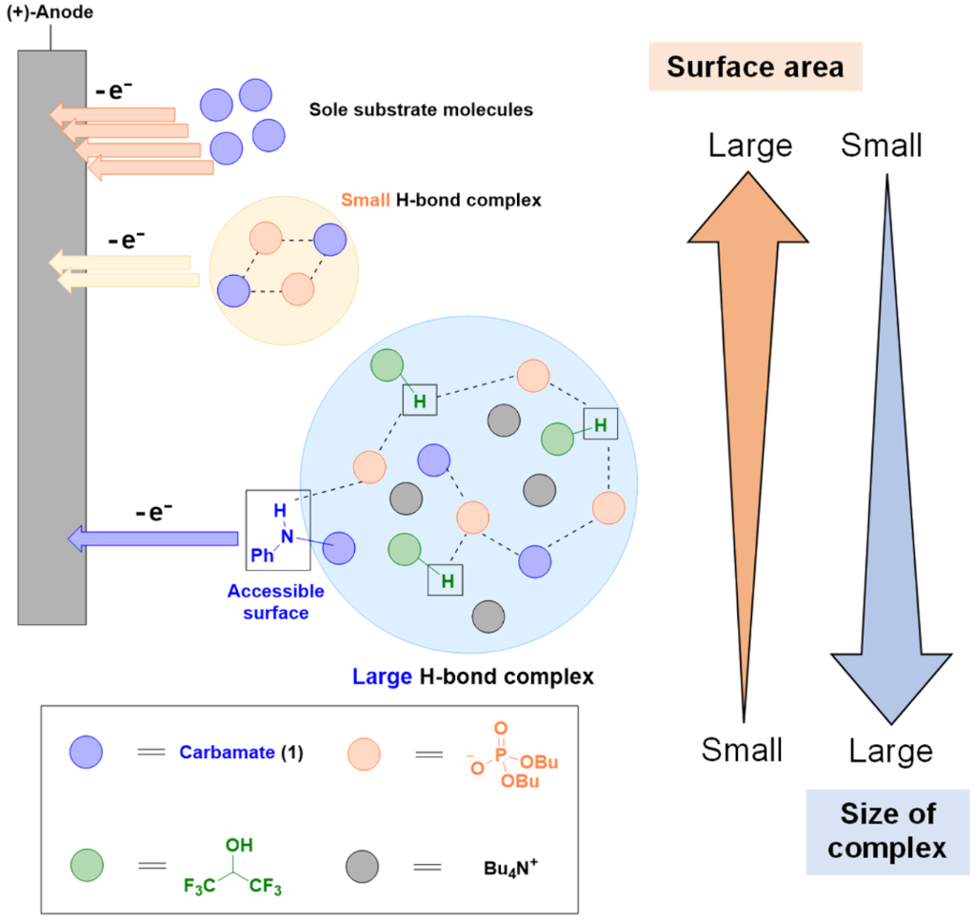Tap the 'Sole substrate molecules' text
pos(421,110)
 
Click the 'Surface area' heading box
pos(755,68)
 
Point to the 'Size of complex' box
pos(887,832)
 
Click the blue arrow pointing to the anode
pos(152,539)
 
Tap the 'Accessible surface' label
pos(275,602)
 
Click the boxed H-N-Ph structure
pos(278,527)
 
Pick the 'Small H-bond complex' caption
pos(440,201)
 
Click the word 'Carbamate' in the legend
pos(223,754)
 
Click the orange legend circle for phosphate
pos(362,754)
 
